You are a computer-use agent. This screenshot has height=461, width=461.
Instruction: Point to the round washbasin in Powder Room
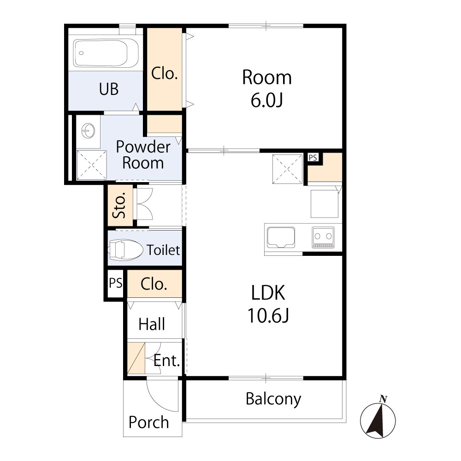pos(88,130)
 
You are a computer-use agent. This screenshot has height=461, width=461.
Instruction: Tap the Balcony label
pos(273,398)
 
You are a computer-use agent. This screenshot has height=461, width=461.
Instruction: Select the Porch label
pos(148,422)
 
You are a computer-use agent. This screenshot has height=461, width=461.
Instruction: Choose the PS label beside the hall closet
pos(115,283)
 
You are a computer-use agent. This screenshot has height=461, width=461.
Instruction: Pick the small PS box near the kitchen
pos(313,158)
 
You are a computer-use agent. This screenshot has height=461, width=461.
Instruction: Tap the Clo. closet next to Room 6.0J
pos(165,74)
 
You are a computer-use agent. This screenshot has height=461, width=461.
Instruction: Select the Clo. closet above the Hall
pos(154,284)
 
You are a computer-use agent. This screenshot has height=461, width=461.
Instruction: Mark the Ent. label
pos(166,361)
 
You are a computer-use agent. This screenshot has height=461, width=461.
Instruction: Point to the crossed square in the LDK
pos(288,169)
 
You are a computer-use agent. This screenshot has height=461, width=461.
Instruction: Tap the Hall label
pos(152,324)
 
